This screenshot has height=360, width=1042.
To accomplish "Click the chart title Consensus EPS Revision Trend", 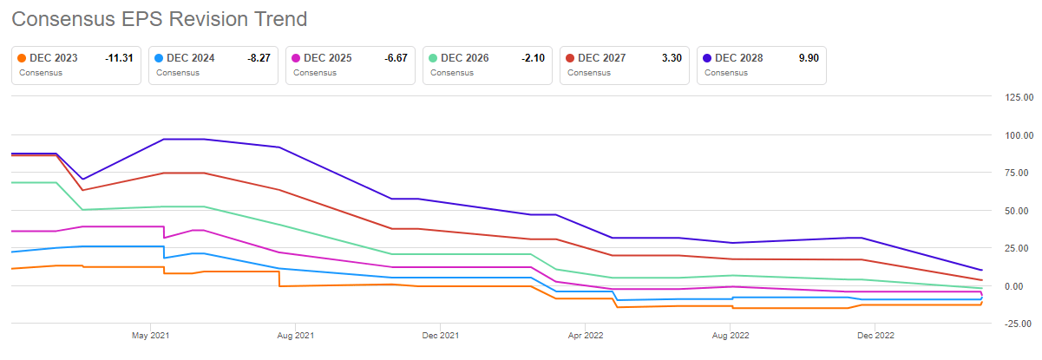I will tap(160, 18).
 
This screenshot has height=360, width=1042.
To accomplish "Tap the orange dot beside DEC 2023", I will tap(23, 58).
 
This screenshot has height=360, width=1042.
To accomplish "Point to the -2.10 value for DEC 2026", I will tap(530, 58).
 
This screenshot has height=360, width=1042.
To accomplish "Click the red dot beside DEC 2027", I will tap(570, 58).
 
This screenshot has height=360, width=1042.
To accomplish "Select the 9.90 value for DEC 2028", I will tap(809, 58).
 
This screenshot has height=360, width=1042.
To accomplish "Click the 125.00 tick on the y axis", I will tap(1017, 97).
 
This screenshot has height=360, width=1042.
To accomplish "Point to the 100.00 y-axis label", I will tap(1017, 135).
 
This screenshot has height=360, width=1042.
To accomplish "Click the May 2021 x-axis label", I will tap(150, 335).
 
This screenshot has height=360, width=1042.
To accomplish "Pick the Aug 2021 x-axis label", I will tap(295, 335).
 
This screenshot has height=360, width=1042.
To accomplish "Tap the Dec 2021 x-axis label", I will tap(440, 335).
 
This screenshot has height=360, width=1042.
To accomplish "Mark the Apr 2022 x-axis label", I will tap(586, 335).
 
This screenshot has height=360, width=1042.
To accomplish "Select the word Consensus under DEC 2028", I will tap(726, 73).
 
